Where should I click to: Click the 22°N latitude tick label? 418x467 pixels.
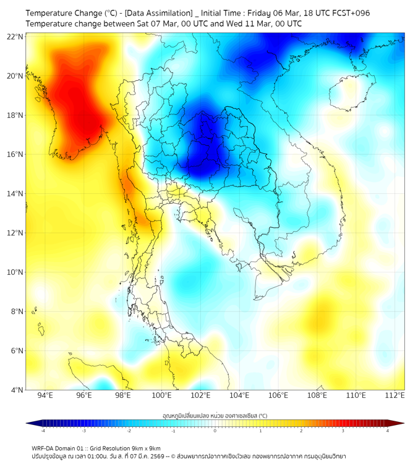[15, 36]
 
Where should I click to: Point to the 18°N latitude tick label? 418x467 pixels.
[15, 115]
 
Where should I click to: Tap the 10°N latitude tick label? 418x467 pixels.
[15, 272]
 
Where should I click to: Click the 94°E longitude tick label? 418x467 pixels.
[45, 396]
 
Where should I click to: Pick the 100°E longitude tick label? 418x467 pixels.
[162, 396]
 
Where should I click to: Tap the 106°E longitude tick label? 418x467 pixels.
[279, 396]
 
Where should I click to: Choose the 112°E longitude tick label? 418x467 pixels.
[396, 396]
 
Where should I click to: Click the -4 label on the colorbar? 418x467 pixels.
[42, 431]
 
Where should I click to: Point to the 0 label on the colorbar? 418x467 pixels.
[215, 431]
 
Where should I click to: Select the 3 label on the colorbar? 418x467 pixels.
[344, 431]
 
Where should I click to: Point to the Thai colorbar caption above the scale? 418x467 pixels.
[215, 415]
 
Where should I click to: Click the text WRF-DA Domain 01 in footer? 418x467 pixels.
[58, 448]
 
